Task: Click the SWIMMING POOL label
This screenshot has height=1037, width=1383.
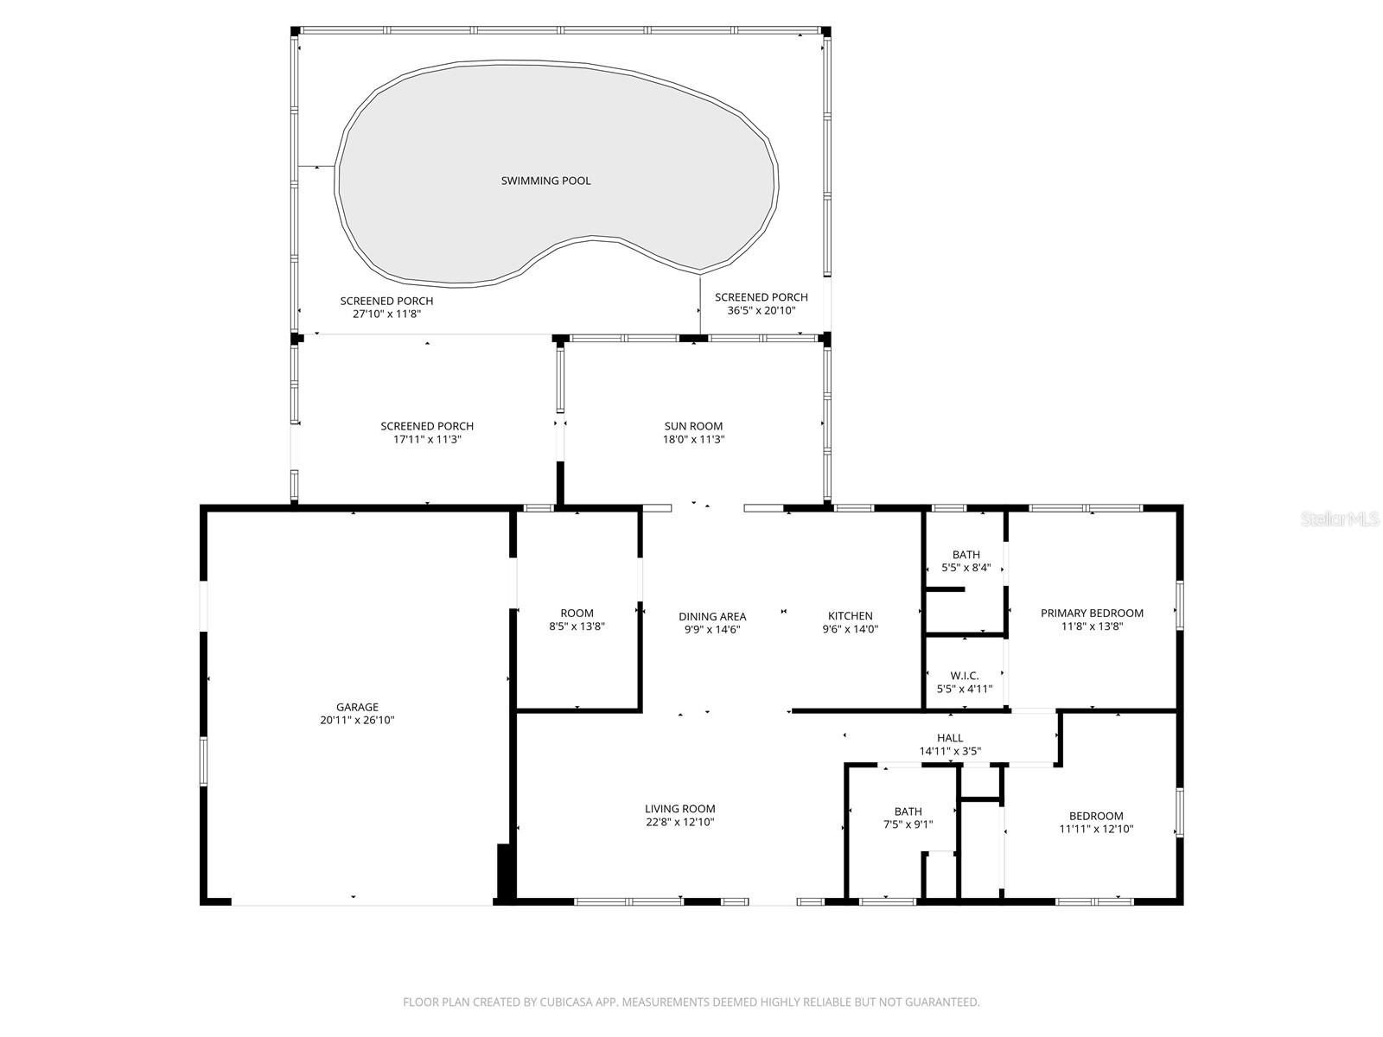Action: click(545, 181)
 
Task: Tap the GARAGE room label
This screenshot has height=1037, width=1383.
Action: click(357, 707)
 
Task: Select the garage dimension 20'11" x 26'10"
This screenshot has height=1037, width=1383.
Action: click(357, 721)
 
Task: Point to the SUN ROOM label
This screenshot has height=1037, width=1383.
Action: click(693, 426)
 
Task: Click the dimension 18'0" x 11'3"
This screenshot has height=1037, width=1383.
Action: click(693, 440)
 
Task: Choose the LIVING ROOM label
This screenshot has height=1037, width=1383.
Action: click(680, 809)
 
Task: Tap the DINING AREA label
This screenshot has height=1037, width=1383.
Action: click(712, 617)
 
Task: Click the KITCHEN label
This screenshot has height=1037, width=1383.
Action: click(850, 616)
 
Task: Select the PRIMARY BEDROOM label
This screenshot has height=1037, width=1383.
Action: click(1092, 614)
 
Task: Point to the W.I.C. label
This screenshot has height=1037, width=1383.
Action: click(965, 676)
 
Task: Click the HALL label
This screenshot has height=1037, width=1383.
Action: click(950, 738)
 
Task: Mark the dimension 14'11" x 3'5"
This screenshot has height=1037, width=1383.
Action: click(950, 751)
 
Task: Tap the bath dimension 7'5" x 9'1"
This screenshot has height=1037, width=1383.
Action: click(908, 824)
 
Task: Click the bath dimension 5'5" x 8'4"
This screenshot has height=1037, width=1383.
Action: click(966, 568)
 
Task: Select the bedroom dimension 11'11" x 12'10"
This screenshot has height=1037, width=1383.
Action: click(1096, 830)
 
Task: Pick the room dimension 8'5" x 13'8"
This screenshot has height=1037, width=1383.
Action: click(577, 627)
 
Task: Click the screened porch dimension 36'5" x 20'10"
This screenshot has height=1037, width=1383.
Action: click(762, 310)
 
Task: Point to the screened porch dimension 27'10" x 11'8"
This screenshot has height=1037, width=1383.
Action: click(386, 315)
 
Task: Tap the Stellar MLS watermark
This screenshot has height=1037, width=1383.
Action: click(1340, 518)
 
